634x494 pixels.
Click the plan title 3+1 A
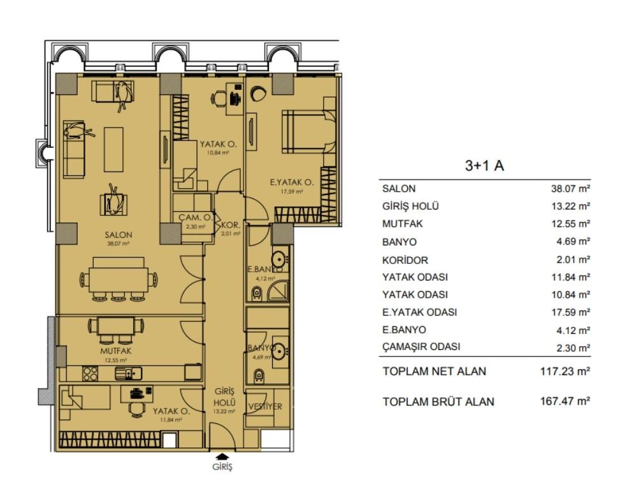[x=485, y=166]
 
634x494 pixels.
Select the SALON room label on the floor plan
[x=119, y=235]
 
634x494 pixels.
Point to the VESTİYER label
[x=264, y=407]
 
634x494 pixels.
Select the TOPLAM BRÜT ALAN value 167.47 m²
[x=561, y=402]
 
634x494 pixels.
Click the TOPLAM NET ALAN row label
[x=434, y=371]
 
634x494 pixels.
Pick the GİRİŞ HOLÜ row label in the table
[x=410, y=207]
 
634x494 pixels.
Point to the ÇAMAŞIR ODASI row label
[x=421, y=347]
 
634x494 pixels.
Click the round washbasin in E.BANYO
[x=278, y=259]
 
